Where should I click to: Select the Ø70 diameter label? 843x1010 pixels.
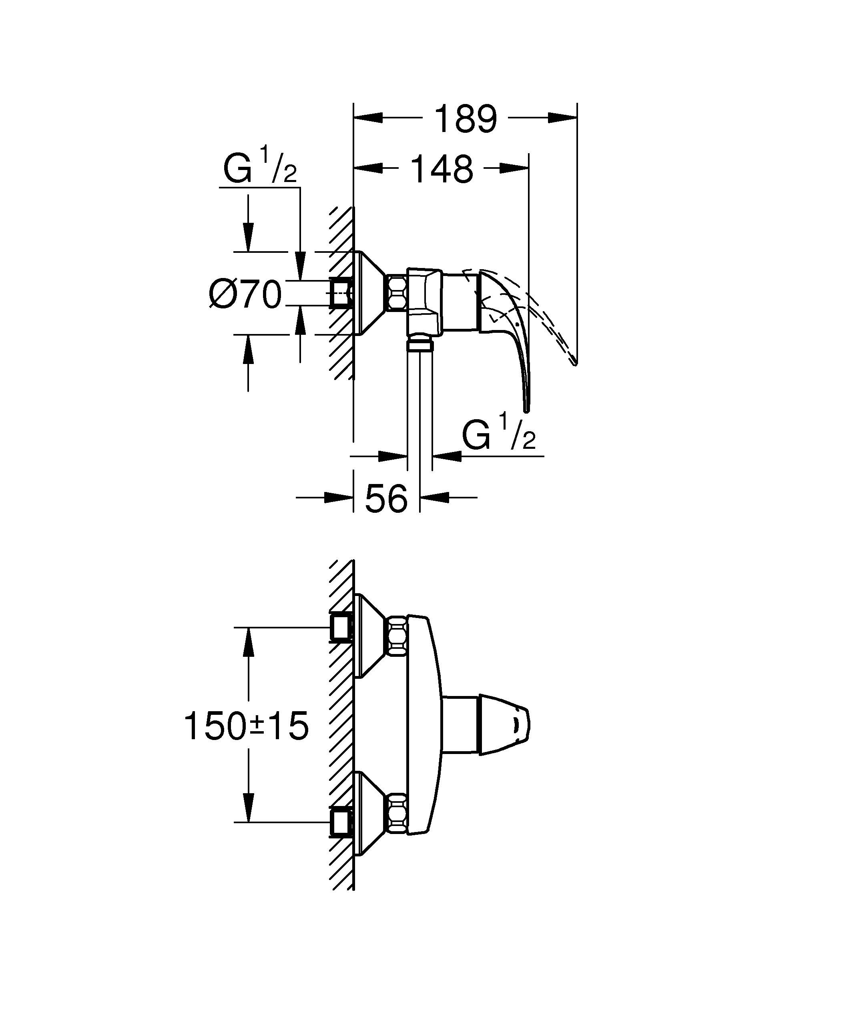click(245, 294)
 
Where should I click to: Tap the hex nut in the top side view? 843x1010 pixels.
click(397, 293)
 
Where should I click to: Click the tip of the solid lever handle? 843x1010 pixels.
click(527, 410)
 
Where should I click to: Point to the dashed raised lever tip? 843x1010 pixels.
click(574, 363)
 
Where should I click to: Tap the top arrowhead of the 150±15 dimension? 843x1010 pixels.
click(248, 642)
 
